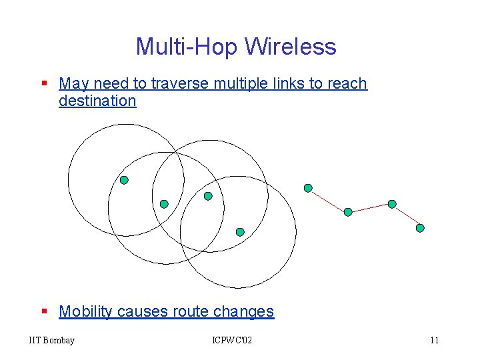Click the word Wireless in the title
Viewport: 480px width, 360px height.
[291, 47]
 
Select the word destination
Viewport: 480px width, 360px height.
[97, 101]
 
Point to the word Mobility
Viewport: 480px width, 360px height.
[85, 311]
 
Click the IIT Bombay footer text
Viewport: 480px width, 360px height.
[52, 341]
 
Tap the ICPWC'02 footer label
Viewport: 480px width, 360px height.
[232, 341]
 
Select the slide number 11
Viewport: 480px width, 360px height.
[434, 341]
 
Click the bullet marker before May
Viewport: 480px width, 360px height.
[44, 84]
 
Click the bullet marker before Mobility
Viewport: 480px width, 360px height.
[44, 312]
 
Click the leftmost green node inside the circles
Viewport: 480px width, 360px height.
[124, 180]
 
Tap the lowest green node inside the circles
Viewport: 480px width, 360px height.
[240, 232]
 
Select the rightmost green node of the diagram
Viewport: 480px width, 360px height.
[420, 228]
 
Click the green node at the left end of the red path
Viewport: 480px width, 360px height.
[308, 188]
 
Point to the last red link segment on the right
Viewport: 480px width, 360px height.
[406, 216]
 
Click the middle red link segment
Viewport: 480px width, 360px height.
[370, 208]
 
